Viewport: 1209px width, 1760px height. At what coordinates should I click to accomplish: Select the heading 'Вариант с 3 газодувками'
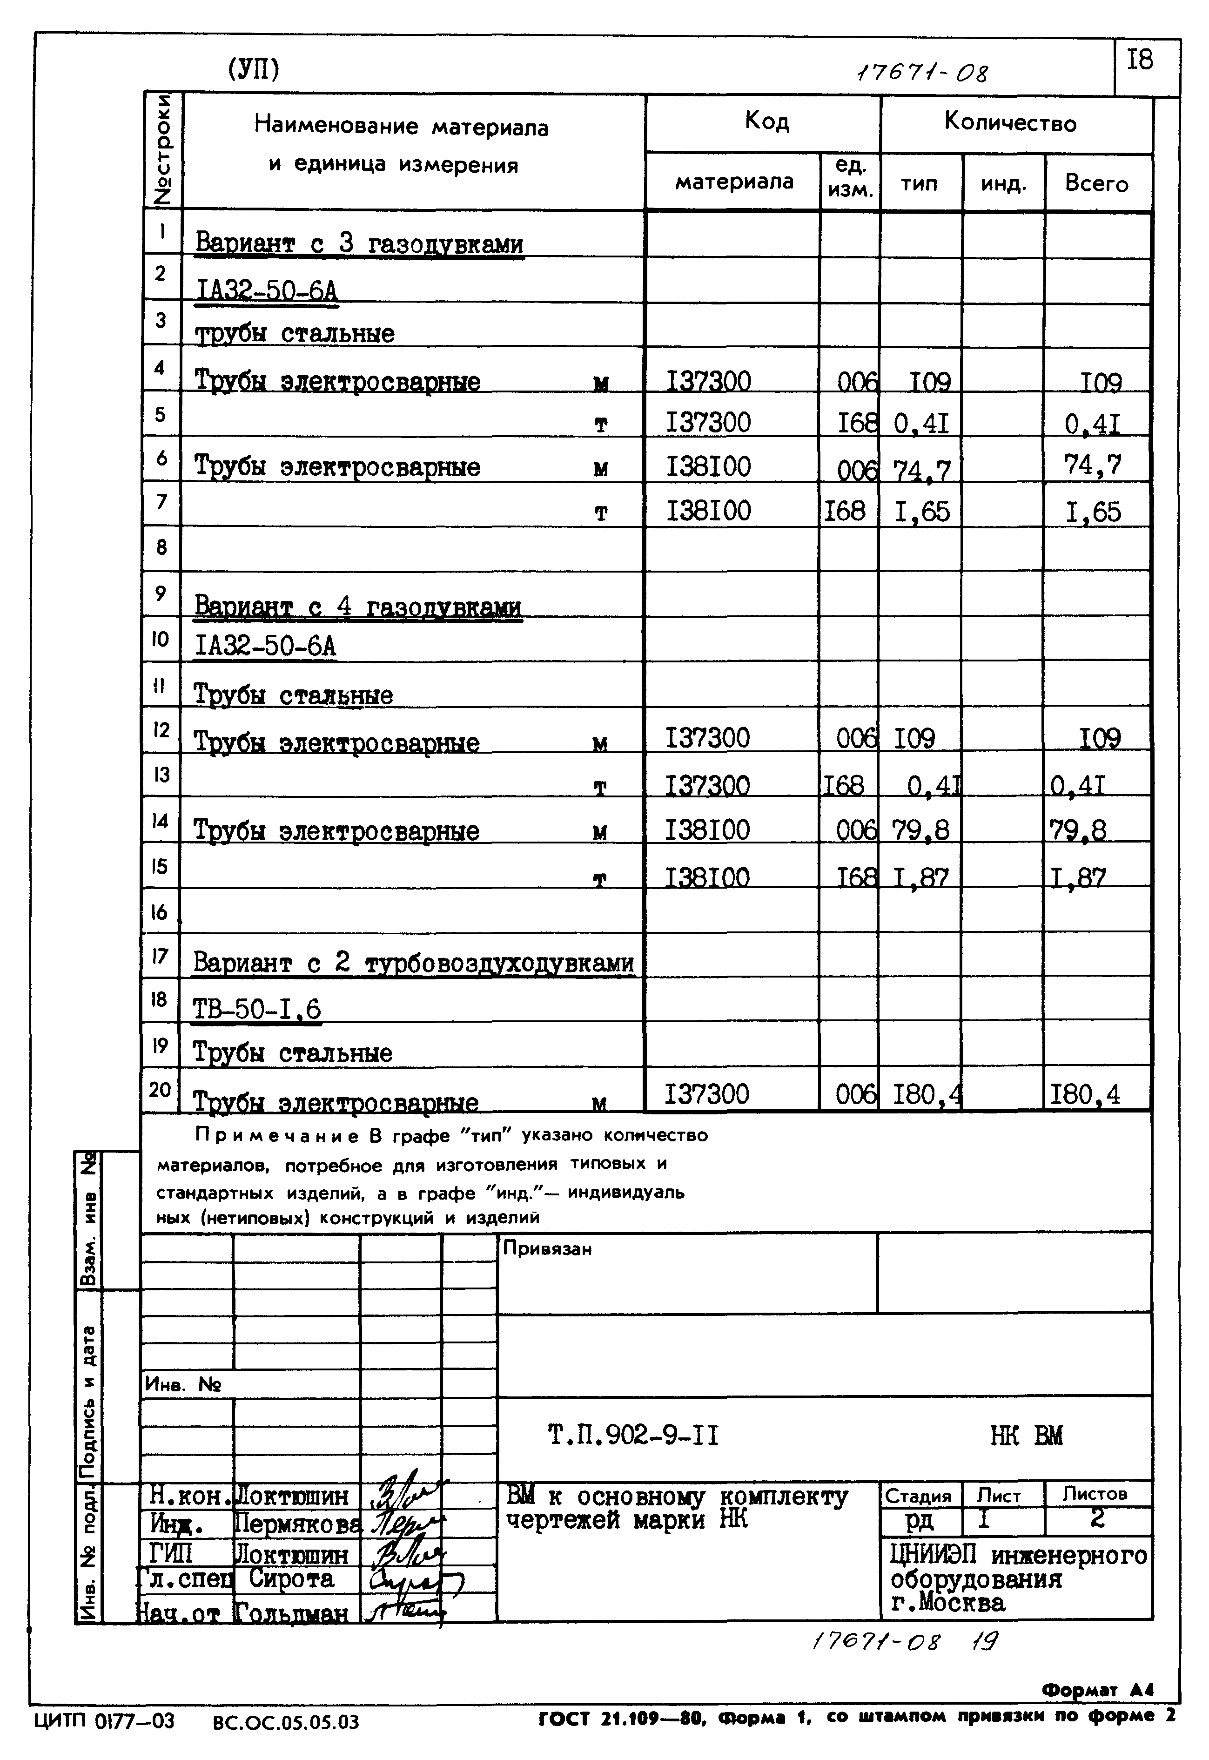[359, 244]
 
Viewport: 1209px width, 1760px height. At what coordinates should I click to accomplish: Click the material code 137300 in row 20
[707, 1094]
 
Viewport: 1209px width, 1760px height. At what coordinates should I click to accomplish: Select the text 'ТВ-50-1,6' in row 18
[257, 1010]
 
